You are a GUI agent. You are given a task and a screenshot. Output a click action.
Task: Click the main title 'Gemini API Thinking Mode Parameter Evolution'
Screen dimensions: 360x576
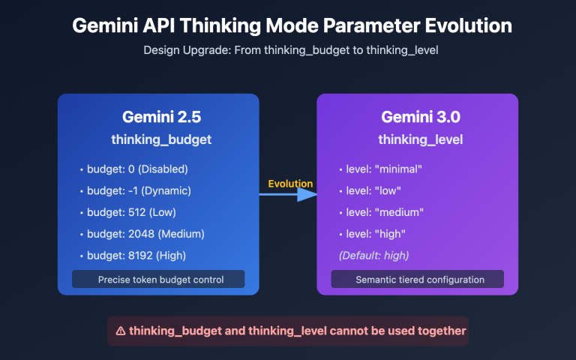(x=292, y=25)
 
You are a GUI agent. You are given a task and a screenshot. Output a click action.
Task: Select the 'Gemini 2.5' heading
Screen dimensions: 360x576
(x=160, y=118)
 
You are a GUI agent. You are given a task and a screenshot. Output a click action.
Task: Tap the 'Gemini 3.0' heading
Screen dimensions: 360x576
(x=420, y=118)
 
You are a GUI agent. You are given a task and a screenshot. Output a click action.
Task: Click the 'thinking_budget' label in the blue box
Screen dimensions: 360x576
(x=160, y=139)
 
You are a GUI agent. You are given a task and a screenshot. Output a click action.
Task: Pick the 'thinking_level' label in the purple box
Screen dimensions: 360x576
(x=420, y=139)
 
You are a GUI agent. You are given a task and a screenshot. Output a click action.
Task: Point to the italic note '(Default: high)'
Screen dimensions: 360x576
(x=374, y=256)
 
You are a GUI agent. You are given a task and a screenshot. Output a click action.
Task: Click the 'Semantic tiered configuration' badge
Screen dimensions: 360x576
(x=418, y=280)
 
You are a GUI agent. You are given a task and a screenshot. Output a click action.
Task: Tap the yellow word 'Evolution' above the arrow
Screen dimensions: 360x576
(x=290, y=184)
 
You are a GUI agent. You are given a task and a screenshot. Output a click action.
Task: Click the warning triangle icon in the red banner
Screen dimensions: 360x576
(x=121, y=331)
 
